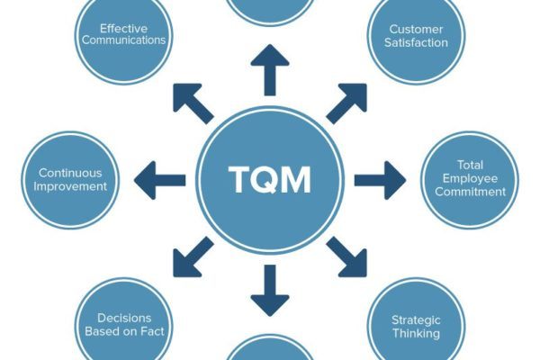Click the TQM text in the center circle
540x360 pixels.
(x=270, y=179)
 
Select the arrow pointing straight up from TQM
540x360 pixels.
(x=270, y=70)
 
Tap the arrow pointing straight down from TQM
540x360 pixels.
(x=270, y=291)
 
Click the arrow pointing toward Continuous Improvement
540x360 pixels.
(x=160, y=180)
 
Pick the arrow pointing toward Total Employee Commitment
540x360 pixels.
(x=380, y=180)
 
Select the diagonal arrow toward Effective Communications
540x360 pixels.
(x=193, y=103)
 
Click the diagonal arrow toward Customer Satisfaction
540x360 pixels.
(x=346, y=103)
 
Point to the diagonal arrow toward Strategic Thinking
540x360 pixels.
(x=346, y=257)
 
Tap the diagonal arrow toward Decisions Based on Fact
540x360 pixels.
(x=193, y=257)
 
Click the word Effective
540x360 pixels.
(x=123, y=28)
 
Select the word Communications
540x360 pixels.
(x=123, y=40)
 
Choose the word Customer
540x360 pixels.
(x=416, y=30)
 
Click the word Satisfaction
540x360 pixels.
(x=416, y=42)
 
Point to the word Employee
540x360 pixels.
(x=470, y=178)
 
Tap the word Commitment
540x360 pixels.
(x=470, y=192)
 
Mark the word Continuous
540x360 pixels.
(x=70, y=173)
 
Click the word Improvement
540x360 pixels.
(x=70, y=186)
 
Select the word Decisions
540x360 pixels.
(x=124, y=318)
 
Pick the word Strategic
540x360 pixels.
(x=416, y=320)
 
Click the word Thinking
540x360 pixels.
(x=416, y=334)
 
